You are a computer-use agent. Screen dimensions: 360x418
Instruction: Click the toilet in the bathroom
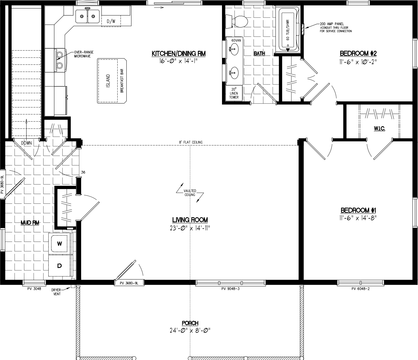point(237,22)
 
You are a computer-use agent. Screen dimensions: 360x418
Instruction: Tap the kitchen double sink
point(88,16)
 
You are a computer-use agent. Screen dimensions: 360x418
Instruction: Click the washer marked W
point(59,243)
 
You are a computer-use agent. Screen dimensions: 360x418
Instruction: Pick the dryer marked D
point(59,266)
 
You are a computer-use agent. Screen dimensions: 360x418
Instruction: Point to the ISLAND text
point(108,81)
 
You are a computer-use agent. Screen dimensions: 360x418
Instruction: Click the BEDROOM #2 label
point(358,53)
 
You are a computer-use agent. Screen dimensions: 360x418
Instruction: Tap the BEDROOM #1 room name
point(358,210)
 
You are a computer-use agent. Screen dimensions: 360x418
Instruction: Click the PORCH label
point(190,323)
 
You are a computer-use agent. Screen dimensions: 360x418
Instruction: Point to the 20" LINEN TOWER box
point(234,93)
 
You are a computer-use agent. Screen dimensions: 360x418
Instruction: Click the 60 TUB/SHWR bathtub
point(289,30)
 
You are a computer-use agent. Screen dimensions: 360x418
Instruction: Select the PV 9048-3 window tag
point(231,289)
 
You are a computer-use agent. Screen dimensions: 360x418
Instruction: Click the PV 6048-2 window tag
point(360,289)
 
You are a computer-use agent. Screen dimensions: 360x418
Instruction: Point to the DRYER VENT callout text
point(56,292)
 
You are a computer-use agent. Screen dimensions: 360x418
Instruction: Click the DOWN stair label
point(26,143)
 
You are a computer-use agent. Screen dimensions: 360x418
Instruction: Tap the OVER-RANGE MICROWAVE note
point(84,54)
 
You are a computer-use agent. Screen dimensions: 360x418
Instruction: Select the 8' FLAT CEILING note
point(191,142)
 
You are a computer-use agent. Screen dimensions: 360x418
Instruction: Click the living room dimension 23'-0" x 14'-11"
point(190,228)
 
